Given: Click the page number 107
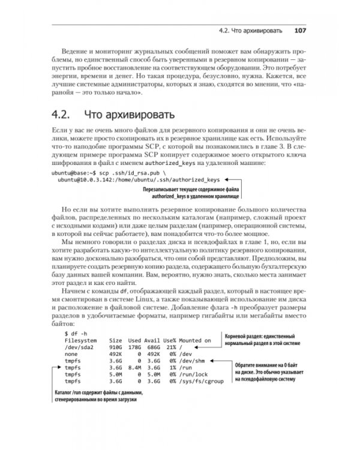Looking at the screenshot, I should pos(301,31).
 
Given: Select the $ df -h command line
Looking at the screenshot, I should pos(76,332).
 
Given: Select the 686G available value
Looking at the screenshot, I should pos(153,347).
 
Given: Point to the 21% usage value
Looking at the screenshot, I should pos(169,347).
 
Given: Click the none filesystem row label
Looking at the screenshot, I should pos(72,354).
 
